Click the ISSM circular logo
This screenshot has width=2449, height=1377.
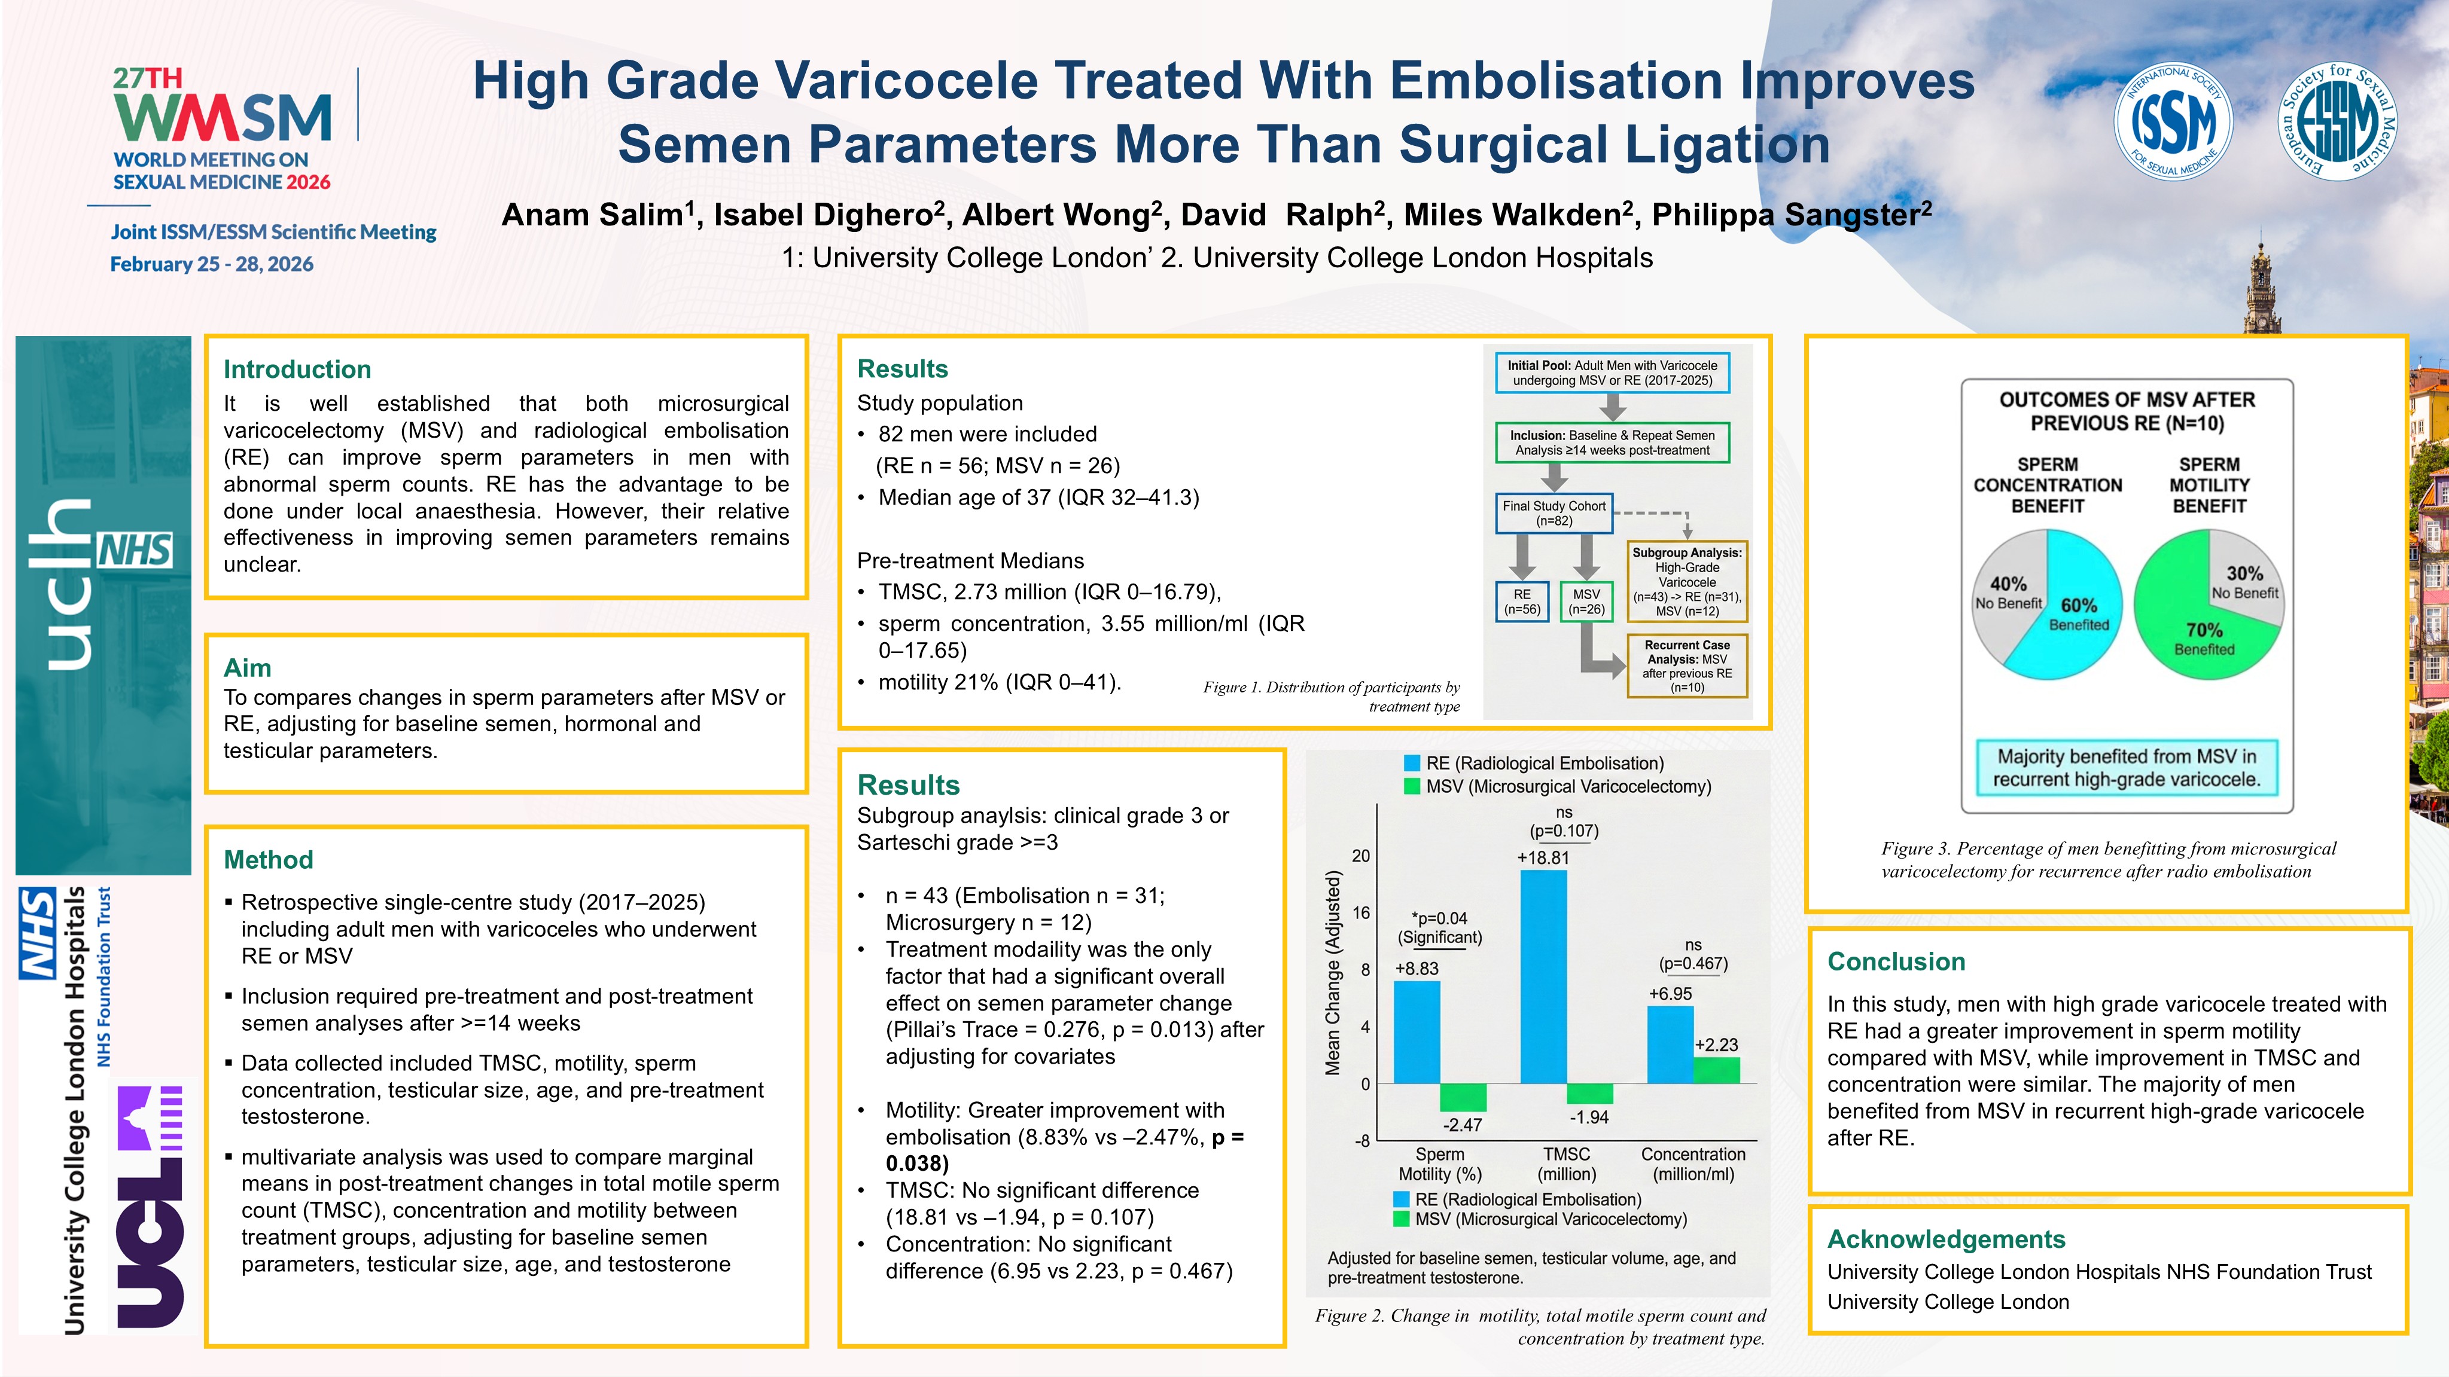click(x=2173, y=121)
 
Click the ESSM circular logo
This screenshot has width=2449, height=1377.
click(x=2338, y=121)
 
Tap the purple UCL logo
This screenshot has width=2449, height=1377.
click(x=150, y=1207)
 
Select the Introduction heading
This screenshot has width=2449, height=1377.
click(x=297, y=370)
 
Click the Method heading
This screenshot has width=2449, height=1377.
click(x=268, y=860)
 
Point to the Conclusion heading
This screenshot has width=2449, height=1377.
click(x=1896, y=961)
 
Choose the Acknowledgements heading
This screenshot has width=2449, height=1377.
click(x=1945, y=1239)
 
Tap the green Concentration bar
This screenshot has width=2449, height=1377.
click(x=1716, y=1070)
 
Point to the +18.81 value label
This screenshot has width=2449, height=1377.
click(x=1543, y=857)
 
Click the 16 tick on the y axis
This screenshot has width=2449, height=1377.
click(x=1361, y=913)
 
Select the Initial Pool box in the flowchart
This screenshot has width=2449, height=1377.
click(x=1612, y=373)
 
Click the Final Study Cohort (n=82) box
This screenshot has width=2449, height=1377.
click(x=1554, y=513)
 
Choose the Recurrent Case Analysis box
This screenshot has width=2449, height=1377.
click(x=1688, y=665)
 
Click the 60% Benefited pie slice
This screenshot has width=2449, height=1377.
click(x=2082, y=608)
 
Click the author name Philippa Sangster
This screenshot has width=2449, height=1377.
click(x=1791, y=215)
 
